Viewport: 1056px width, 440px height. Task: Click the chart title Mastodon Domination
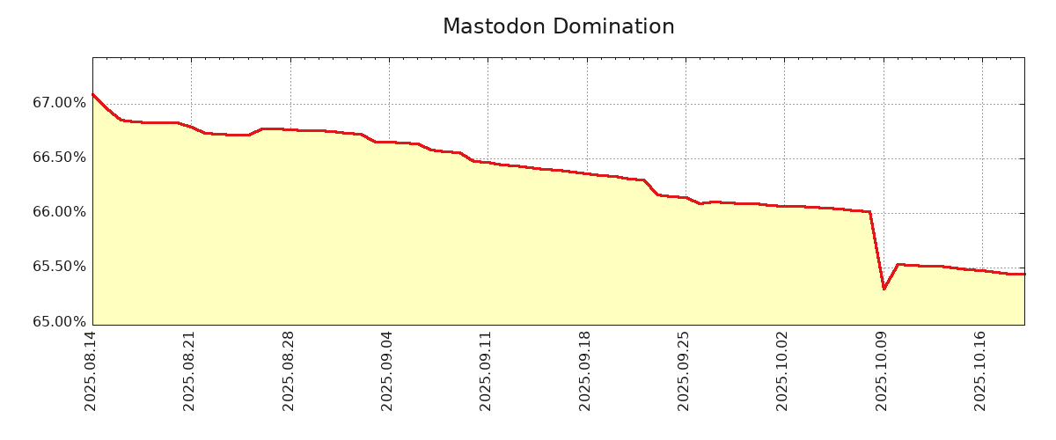[x=558, y=27]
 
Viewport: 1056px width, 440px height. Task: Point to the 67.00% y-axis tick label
[x=60, y=103]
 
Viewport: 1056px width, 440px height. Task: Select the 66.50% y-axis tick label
[x=60, y=158]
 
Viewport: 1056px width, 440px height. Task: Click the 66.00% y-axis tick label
[x=60, y=212]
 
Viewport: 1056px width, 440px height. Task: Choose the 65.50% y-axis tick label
[x=60, y=267]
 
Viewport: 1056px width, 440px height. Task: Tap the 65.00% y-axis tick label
[x=60, y=321]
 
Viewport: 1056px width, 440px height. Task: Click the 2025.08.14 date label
[x=91, y=370]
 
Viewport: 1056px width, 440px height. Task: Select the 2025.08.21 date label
[x=189, y=370]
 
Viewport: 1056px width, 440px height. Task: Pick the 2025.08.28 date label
[x=289, y=370]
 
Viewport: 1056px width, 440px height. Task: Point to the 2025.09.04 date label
[x=387, y=370]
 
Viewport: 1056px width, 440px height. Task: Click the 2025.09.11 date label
[x=486, y=370]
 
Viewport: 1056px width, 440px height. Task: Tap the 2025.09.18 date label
[x=585, y=370]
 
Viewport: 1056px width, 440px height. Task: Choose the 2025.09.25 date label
[x=684, y=370]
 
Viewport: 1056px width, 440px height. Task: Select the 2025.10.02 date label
[x=782, y=370]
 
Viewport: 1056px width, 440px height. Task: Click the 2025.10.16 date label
[x=980, y=370]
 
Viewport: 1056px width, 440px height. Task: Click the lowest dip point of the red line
[x=884, y=289]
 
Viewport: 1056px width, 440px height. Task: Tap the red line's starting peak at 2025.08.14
[x=93, y=94]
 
